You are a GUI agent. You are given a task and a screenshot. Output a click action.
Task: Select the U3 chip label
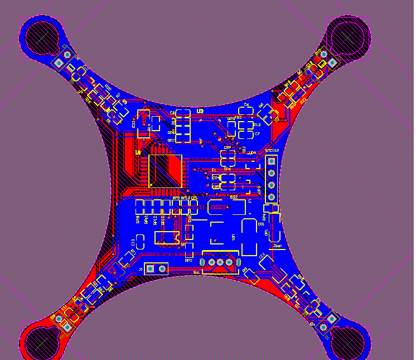click(x=200, y=112)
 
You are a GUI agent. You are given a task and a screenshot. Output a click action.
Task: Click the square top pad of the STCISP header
click(x=272, y=161)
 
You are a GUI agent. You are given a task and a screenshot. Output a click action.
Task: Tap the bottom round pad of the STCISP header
click(x=272, y=197)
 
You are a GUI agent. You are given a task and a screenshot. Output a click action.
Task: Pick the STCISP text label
click(x=272, y=151)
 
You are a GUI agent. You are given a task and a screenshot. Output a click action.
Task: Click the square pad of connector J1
click(x=150, y=269)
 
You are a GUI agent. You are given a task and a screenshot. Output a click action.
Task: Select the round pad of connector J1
click(x=162, y=269)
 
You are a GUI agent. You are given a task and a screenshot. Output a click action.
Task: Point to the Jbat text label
click(x=277, y=245)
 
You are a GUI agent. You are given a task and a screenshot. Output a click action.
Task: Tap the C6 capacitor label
click(x=246, y=105)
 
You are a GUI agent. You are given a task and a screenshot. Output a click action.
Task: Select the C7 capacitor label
click(x=257, y=135)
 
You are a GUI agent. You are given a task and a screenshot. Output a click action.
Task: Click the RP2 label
click(x=188, y=261)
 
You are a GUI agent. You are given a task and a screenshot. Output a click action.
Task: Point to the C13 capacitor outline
click(x=141, y=241)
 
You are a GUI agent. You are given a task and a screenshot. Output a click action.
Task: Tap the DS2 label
click(x=234, y=197)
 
